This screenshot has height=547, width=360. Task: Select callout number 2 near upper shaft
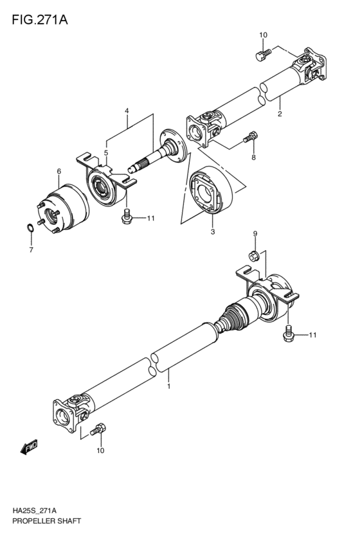280,115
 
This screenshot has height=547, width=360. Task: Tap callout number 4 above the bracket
127,111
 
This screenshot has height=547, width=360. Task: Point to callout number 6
59,172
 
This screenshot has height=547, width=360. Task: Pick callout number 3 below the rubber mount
213,229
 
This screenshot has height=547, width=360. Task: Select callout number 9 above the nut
255,233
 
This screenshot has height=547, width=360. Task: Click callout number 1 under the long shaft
168,387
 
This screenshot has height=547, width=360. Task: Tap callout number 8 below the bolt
253,157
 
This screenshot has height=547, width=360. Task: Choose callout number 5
106,153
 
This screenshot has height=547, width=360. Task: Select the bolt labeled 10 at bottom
100,428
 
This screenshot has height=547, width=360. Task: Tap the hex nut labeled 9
254,256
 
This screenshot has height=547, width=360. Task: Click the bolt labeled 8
251,137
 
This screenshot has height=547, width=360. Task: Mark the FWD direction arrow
30,446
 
